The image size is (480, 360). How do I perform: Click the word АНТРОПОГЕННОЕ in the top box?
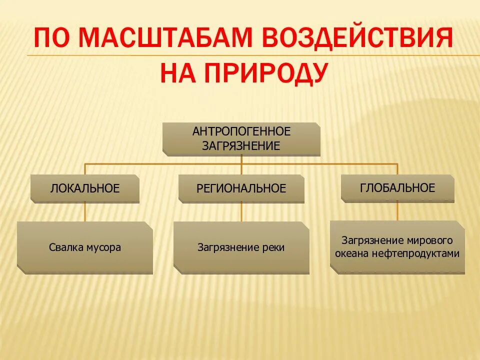241,131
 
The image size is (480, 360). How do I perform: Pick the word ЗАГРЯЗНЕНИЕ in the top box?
241,145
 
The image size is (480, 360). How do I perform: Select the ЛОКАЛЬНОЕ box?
84,188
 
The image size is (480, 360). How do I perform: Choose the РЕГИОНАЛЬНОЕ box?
241,188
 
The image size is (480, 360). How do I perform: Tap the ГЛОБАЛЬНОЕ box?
397,188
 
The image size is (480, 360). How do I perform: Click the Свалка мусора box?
84,247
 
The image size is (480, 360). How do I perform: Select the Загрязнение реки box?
241,247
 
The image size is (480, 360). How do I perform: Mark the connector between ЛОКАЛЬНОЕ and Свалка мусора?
84,212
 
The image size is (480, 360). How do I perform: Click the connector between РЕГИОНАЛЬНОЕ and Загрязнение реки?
241,212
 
